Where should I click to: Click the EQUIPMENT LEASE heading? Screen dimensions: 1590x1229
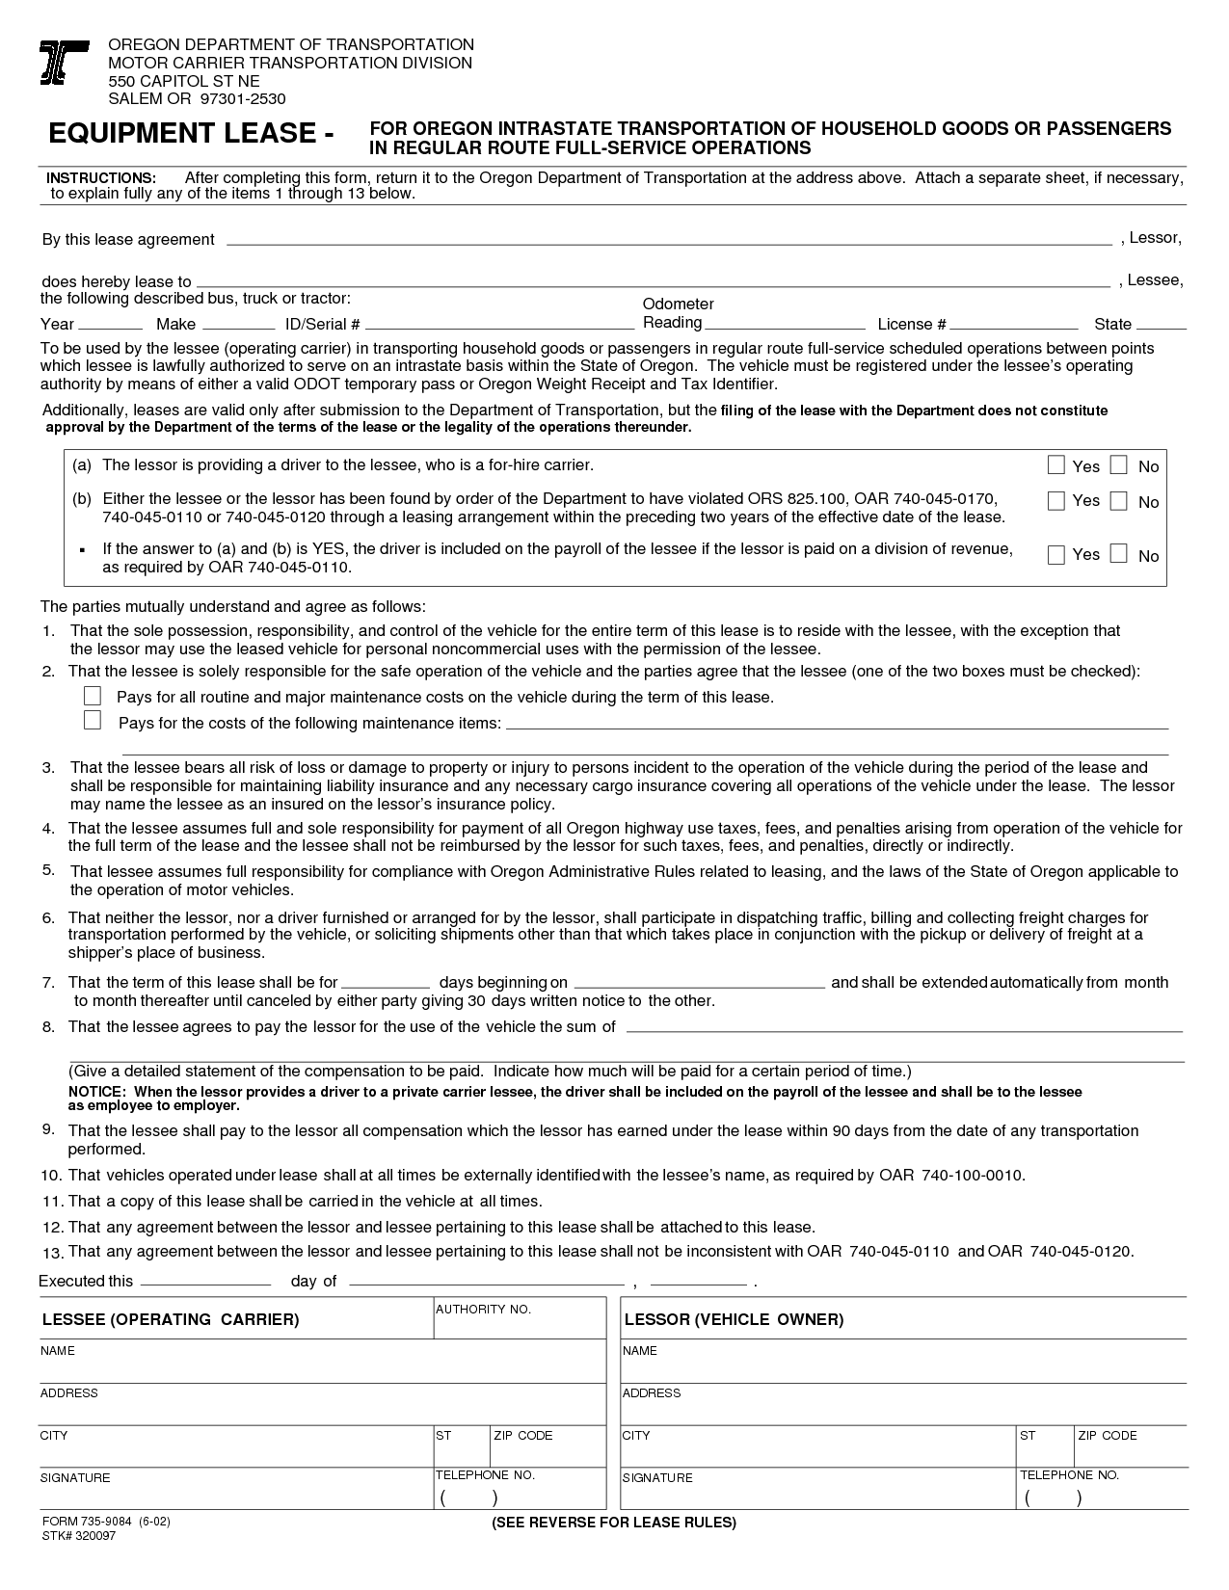coord(191,134)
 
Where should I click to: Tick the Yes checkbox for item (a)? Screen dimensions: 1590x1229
coord(1056,465)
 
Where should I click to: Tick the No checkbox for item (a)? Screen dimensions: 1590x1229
coord(1118,465)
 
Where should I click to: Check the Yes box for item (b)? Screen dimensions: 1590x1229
coord(1056,500)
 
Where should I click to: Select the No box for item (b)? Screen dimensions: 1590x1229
coord(1118,500)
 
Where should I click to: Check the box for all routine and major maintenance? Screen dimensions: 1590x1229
coord(93,696)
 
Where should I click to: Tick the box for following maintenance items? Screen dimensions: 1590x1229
coord(93,721)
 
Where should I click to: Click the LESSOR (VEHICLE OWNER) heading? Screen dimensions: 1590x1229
coord(734,1319)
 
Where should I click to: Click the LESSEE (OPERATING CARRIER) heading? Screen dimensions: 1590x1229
coord(171,1319)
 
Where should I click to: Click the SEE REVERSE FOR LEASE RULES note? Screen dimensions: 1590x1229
coord(613,1523)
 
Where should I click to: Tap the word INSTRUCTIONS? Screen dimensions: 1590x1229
coord(101,179)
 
